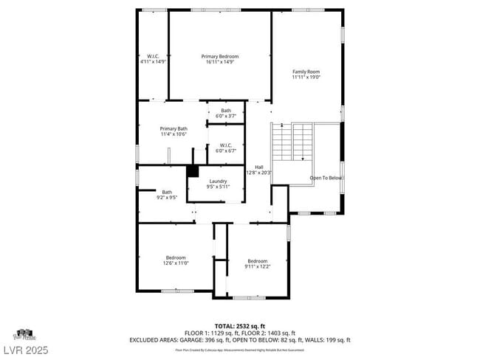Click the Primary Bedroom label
pyautogui.click(x=220, y=59)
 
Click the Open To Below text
pyautogui.click(x=325, y=178)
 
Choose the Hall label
pyautogui.click(x=258, y=169)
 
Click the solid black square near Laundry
pyautogui.click(x=193, y=171)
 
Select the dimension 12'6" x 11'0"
pyautogui.click(x=176, y=263)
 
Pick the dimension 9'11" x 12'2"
pyautogui.click(x=257, y=266)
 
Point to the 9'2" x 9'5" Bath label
pyautogui.click(x=167, y=195)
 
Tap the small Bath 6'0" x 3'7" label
pyautogui.click(x=225, y=114)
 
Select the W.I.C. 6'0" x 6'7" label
pyautogui.click(x=225, y=148)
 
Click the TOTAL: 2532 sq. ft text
pyautogui.click(x=239, y=325)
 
